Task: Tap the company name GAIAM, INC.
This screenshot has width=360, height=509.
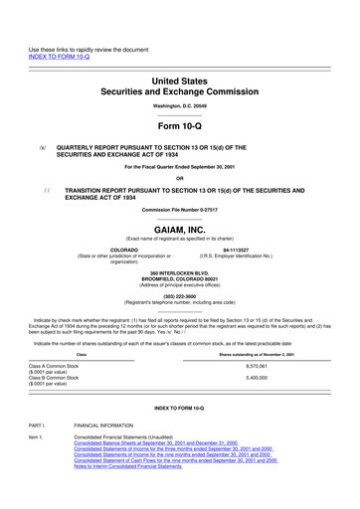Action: pos(179,228)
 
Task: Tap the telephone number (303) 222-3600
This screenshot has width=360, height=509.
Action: pos(179,295)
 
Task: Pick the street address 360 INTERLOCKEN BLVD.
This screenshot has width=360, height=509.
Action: pos(179,272)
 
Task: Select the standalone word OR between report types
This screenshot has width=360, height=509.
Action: pos(179,179)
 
